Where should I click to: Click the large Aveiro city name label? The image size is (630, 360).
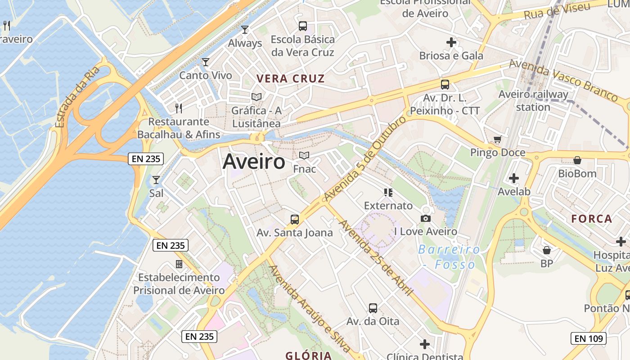(254, 162)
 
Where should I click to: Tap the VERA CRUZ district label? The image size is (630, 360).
(290, 79)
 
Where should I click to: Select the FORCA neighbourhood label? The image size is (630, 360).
(592, 219)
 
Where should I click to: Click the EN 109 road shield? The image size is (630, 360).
(588, 338)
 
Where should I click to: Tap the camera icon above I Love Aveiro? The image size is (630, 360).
(425, 219)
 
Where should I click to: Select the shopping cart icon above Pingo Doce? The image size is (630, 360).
(497, 139)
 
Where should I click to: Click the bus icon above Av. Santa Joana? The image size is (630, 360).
(295, 220)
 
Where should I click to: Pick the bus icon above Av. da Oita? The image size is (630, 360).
(373, 308)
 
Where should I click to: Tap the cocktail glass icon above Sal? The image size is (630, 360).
(156, 180)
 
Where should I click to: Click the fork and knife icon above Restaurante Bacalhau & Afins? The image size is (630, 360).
(179, 108)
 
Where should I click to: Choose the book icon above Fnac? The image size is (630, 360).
(304, 156)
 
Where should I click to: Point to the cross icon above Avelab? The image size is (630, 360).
(514, 178)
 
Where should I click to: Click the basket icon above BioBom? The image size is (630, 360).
(577, 160)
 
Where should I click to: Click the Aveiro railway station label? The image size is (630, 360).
(533, 101)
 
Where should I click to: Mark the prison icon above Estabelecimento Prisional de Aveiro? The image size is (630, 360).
(179, 264)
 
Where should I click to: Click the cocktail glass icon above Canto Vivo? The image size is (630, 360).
(206, 62)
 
